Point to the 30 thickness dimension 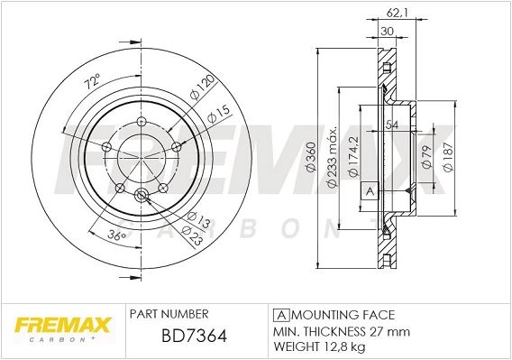click(387, 32)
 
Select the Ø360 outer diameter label click(311, 157)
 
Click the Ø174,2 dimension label click(353, 157)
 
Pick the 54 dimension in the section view click(392, 125)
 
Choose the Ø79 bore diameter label click(427, 157)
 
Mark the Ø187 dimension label click(448, 157)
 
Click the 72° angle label click(92, 82)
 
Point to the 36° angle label click(117, 235)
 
